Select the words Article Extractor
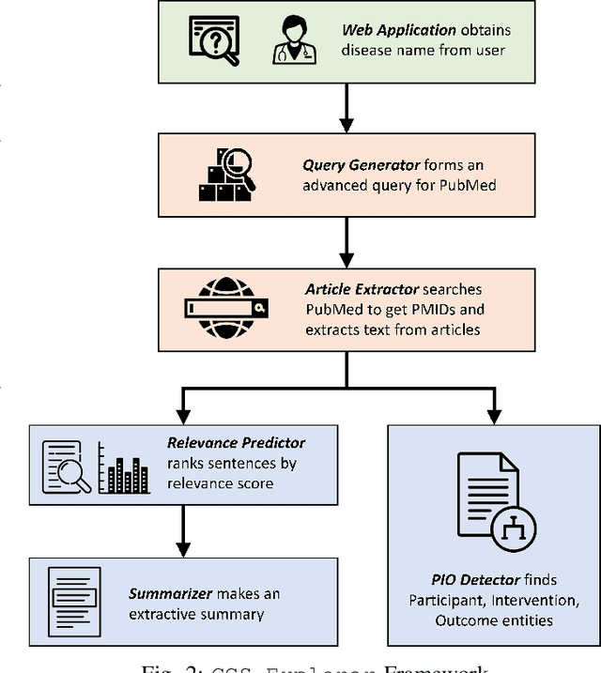[356, 290]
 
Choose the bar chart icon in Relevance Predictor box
[129, 475]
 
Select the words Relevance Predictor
[236, 443]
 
